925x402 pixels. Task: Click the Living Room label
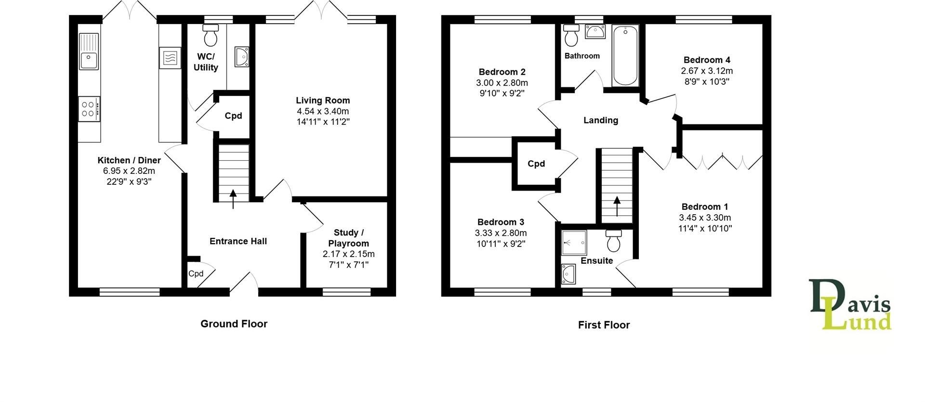(x=323, y=100)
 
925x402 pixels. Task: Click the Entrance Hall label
(x=238, y=241)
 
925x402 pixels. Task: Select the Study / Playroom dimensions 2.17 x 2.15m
(x=348, y=254)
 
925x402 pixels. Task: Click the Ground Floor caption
(x=234, y=324)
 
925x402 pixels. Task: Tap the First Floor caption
(x=604, y=325)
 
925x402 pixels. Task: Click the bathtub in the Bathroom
(x=625, y=56)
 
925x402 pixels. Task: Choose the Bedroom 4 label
(x=707, y=60)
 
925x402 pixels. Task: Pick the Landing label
(x=600, y=120)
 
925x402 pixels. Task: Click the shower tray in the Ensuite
(x=574, y=242)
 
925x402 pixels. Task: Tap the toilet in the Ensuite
(x=613, y=241)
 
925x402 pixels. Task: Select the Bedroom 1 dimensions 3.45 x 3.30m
(x=705, y=218)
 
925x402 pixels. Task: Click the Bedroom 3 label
(x=501, y=222)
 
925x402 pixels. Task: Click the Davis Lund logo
(x=850, y=305)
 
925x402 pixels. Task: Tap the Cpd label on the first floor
(x=536, y=164)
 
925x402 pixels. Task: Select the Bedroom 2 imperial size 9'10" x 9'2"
(x=502, y=93)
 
